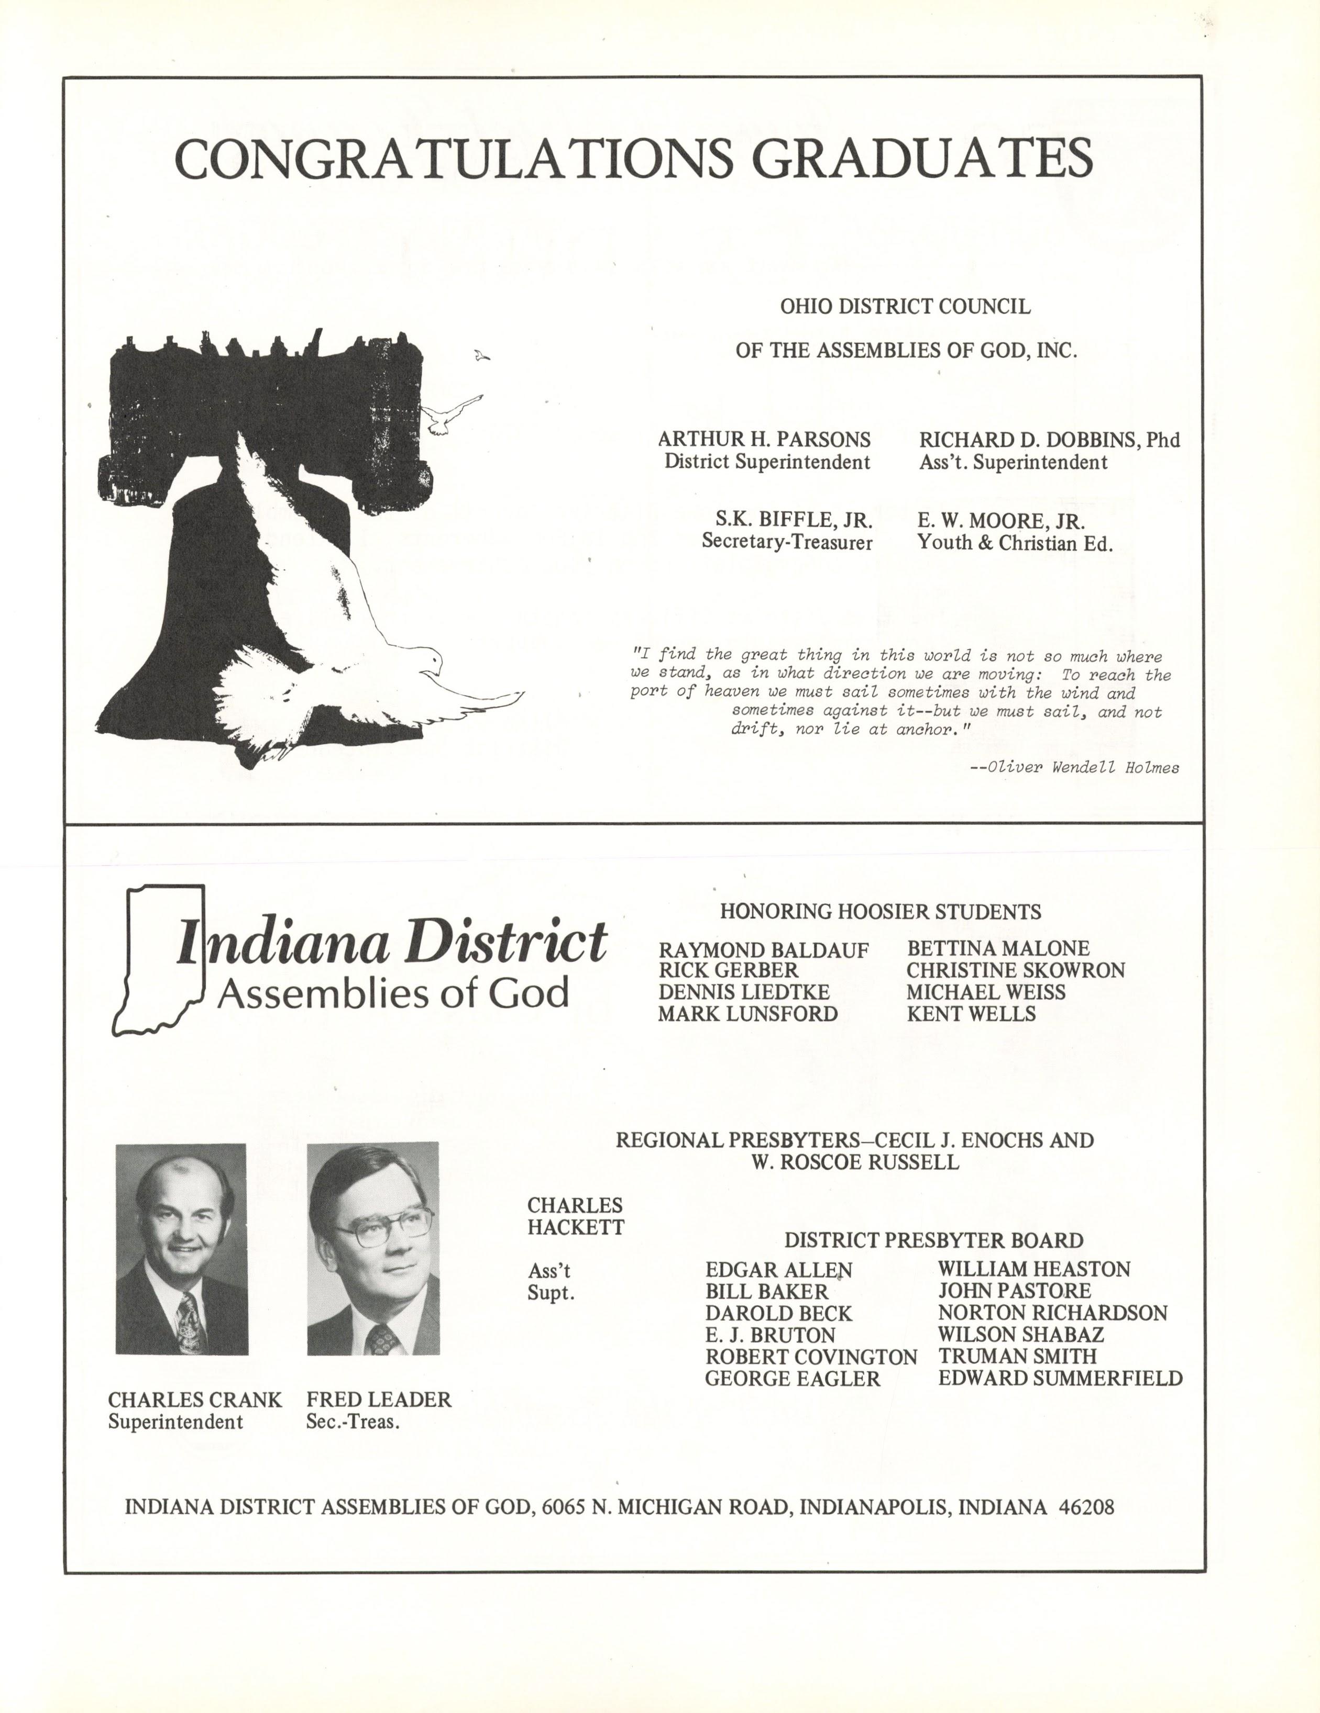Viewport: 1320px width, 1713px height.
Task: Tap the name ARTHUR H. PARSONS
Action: point(764,439)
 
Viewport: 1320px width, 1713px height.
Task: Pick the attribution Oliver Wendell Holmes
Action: point(1083,768)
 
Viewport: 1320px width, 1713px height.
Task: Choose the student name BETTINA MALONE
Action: point(998,948)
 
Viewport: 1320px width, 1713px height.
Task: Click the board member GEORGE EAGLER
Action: point(792,1379)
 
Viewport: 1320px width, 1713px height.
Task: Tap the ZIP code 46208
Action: point(1086,1507)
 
